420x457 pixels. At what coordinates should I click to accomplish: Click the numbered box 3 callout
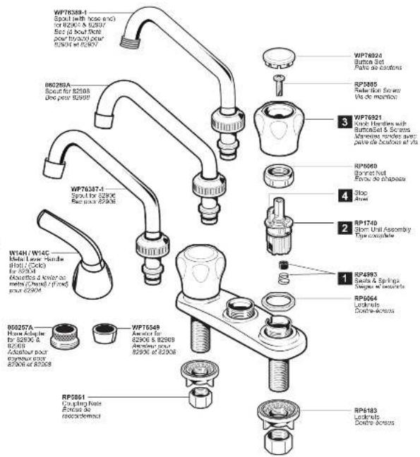pos(343,121)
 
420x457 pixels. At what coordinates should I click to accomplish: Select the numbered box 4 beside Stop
pos(343,194)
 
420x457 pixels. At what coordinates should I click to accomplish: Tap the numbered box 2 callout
pos(343,228)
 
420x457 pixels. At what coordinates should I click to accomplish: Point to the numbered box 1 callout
pos(343,279)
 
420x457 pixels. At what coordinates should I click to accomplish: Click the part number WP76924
pos(368,54)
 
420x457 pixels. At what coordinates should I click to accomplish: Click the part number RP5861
pos(74,396)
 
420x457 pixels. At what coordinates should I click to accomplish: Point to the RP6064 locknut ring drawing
pos(277,301)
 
